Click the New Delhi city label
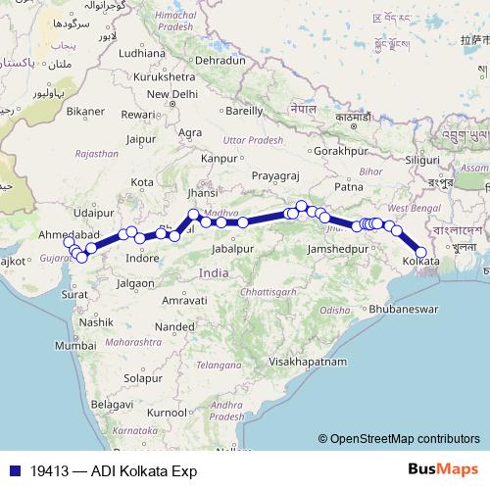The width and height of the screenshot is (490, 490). (171, 94)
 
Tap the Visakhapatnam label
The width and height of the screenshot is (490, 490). (311, 362)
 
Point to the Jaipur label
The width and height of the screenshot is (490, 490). (141, 138)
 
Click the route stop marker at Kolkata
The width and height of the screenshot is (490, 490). (421, 252)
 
